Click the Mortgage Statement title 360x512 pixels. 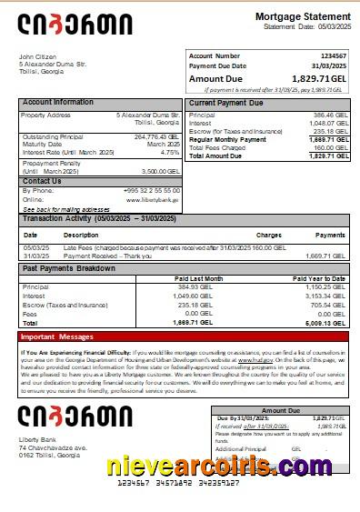pyautogui.click(x=302, y=17)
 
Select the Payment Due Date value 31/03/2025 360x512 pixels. pyautogui.click(x=328, y=66)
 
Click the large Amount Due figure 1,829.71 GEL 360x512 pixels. pyautogui.click(x=307, y=79)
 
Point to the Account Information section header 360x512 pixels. pyautogui.click(x=57, y=103)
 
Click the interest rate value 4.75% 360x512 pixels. pyautogui.click(x=170, y=152)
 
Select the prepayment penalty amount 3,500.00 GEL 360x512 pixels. pyautogui.click(x=162, y=171)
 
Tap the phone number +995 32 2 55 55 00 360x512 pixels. pyautogui.click(x=151, y=190)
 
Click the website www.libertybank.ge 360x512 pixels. pyautogui.click(x=155, y=198)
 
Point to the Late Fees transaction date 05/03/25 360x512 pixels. pyautogui.click(x=35, y=246)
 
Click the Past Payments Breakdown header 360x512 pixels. pyautogui.click(x=70, y=269)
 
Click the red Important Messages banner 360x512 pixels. pyautogui.click(x=182, y=336)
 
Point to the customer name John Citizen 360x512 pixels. pyautogui.click(x=37, y=56)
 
